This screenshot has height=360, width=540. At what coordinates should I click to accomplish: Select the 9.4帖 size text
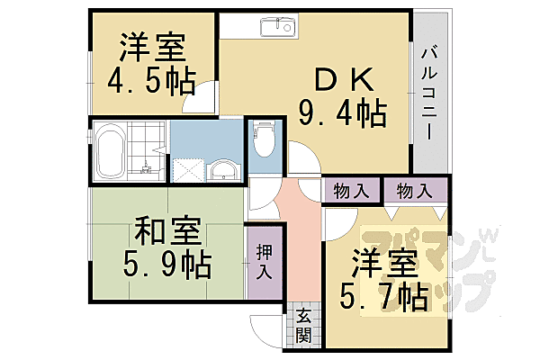(x=342, y=113)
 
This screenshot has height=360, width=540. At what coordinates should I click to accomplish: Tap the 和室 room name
(x=167, y=232)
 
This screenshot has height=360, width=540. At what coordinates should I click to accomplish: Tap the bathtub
(x=112, y=151)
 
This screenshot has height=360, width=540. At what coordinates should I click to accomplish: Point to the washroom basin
(x=222, y=169)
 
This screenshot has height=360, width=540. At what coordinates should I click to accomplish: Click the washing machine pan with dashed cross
(x=187, y=169)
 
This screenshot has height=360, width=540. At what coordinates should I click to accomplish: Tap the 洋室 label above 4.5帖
(x=152, y=45)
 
